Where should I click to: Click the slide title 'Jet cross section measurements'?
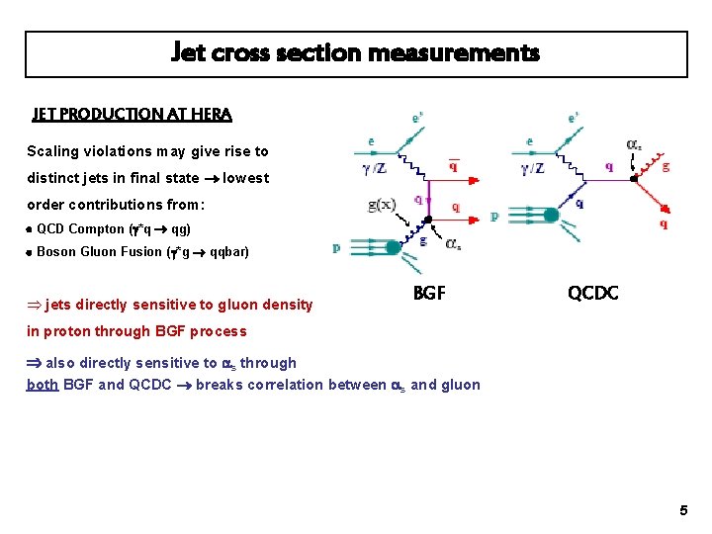[356, 52]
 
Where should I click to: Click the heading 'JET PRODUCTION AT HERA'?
[132, 115]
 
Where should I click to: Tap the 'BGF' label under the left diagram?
[429, 294]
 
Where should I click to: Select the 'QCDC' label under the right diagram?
[593, 294]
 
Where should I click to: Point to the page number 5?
[683, 510]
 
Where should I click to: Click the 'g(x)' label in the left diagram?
[381, 206]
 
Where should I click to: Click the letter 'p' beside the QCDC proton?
[494, 217]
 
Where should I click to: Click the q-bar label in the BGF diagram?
[453, 166]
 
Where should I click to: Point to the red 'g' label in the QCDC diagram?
[666, 166]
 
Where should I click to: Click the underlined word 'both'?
[43, 385]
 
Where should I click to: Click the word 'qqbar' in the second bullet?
[229, 251]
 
